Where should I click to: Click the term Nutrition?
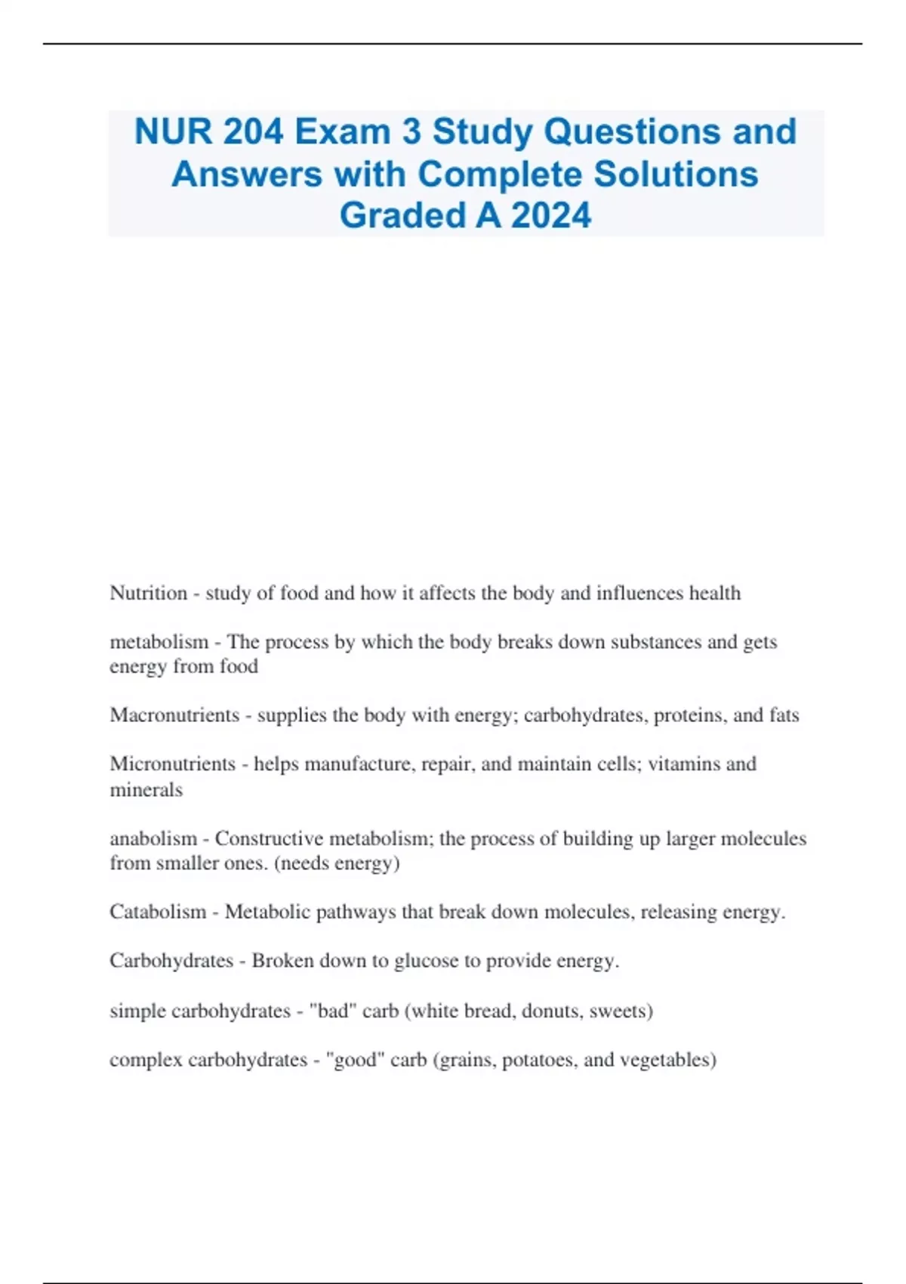tap(148, 593)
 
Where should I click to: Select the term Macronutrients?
tap(174, 715)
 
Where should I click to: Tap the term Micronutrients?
tap(172, 764)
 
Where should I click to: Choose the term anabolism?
tap(153, 838)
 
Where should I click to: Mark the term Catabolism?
tap(158, 912)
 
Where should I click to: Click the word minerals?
tap(146, 789)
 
